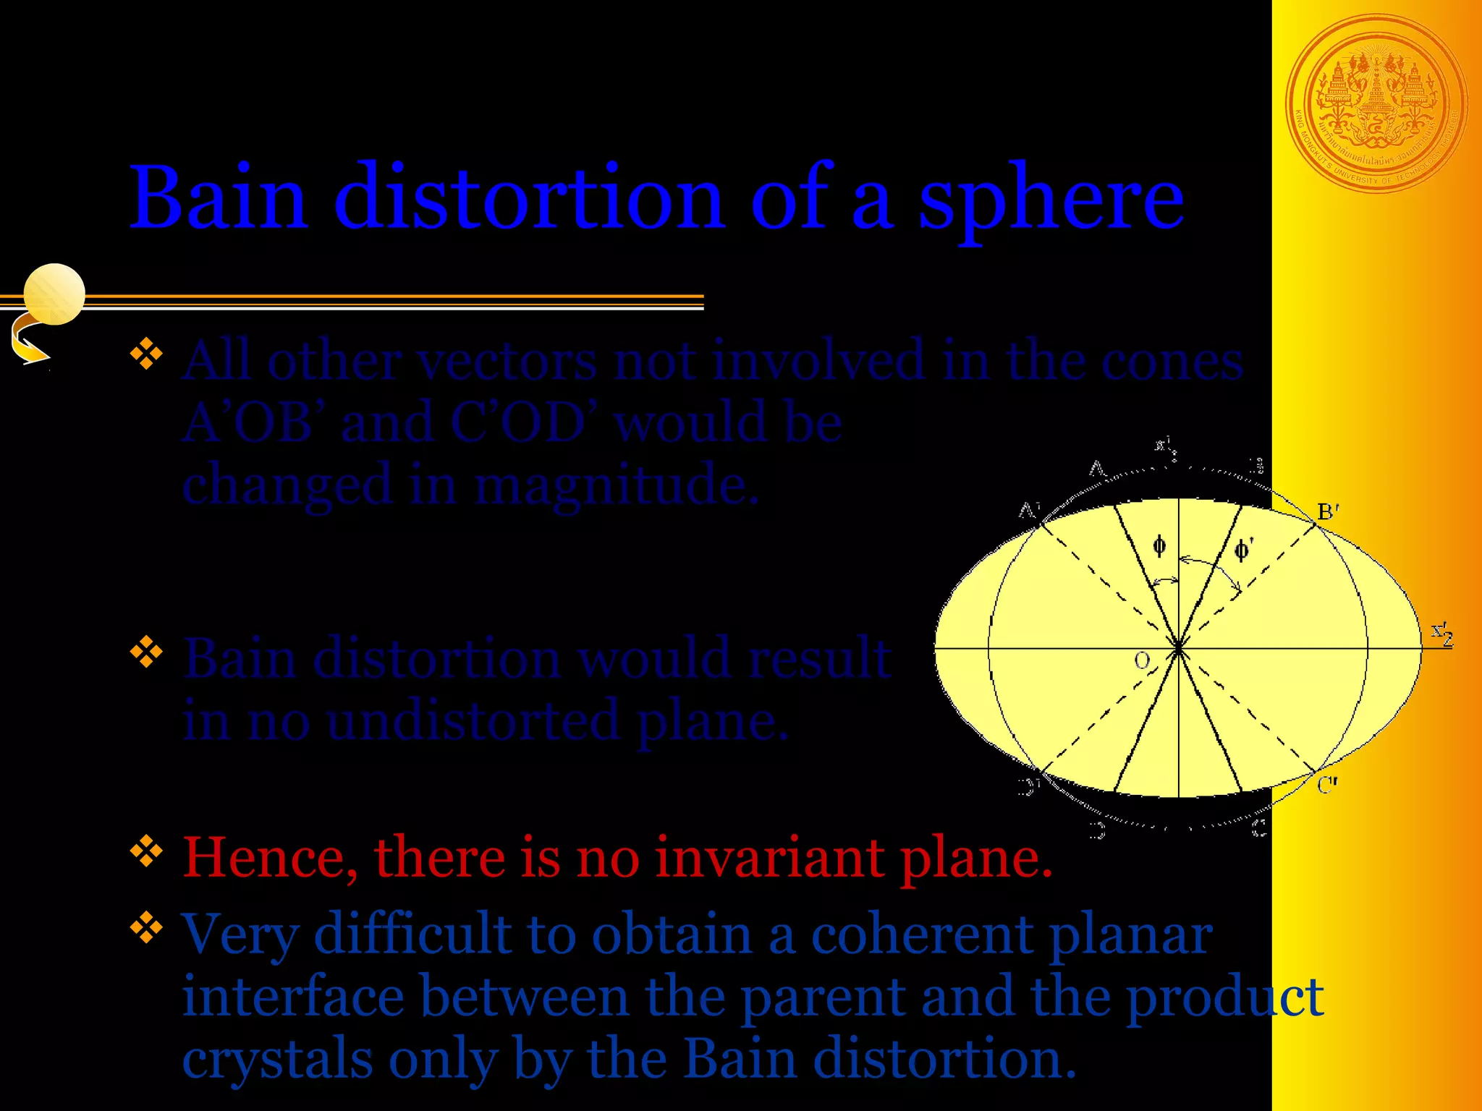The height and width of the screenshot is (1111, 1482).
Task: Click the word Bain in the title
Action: pos(217,197)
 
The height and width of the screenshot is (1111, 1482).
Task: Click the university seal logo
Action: pos(1376,103)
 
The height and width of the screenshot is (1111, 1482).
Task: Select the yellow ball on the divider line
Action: pos(54,294)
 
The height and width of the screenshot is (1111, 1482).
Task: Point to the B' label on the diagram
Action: pos(1328,512)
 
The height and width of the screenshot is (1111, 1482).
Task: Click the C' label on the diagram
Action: pos(1327,786)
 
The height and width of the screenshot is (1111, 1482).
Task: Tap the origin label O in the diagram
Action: pos(1142,660)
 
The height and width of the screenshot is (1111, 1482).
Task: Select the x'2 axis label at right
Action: pos(1441,634)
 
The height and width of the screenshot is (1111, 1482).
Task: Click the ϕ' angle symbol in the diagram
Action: pos(1242,550)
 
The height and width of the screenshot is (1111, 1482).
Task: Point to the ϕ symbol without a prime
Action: pos(1159,545)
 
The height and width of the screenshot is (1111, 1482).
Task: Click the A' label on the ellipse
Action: pos(1029,511)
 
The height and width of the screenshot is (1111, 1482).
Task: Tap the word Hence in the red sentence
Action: pos(269,858)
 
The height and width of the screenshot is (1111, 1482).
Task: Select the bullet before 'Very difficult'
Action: pos(146,927)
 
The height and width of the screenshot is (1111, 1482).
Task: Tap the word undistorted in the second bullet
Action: pos(473,722)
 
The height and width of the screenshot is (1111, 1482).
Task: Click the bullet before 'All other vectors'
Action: pos(146,354)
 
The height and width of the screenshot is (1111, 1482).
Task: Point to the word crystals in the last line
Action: pos(276,1059)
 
